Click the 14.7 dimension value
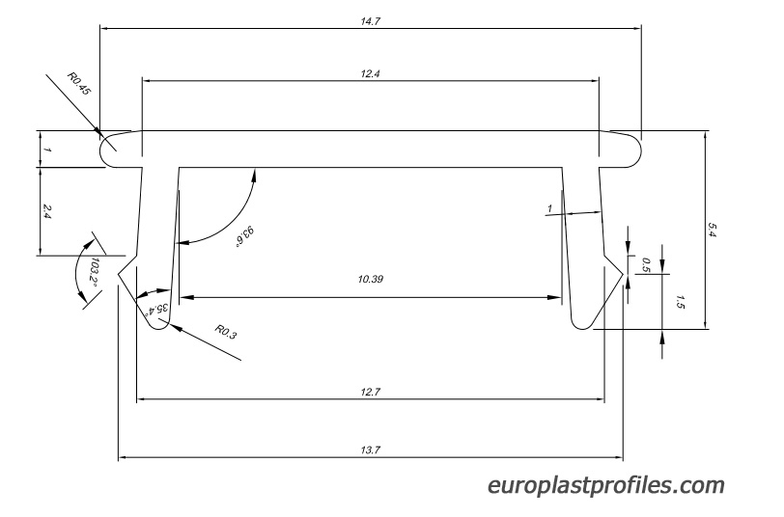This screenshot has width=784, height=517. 370,21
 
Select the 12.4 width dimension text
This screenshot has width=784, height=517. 370,74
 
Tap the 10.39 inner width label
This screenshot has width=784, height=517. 371,279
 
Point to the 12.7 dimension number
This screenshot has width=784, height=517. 370,392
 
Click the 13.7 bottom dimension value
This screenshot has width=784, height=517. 370,450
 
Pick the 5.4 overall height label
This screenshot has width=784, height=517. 713,230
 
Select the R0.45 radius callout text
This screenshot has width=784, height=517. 79,84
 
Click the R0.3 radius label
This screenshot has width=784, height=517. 225,332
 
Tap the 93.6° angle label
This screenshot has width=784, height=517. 245,235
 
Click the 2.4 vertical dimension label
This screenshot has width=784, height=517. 47,211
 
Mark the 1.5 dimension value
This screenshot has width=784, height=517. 680,302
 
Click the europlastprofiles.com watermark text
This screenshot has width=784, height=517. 606,485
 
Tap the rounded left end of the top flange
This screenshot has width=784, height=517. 101,150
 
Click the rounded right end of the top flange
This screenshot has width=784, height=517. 639,150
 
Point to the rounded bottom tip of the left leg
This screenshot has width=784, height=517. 160,328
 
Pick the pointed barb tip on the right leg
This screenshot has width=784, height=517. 623,274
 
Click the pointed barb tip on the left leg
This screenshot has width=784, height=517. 119,274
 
